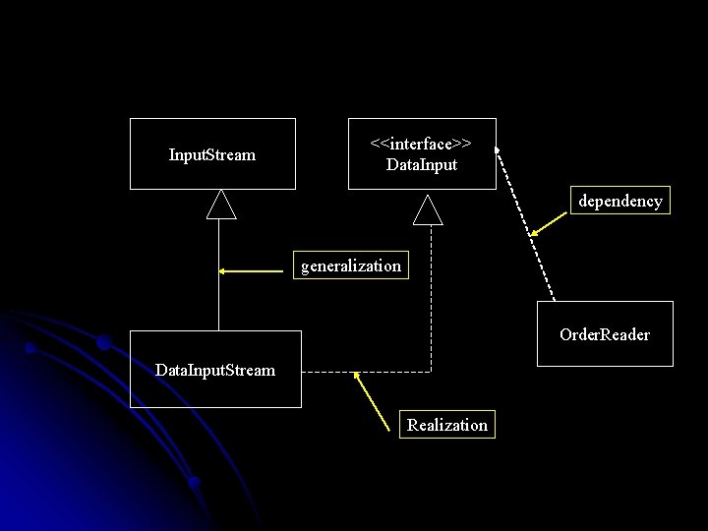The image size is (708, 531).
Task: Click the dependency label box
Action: point(620,201)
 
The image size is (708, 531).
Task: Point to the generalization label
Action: point(351,265)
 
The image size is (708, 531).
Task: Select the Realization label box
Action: point(447,425)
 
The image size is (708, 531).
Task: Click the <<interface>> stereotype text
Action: point(421,144)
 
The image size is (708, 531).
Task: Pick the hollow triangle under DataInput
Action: point(428,208)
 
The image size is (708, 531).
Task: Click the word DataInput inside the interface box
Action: point(422,164)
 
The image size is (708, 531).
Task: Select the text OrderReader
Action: point(605,334)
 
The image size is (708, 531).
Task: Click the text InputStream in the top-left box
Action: point(212,154)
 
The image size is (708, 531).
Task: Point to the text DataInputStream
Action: point(215,370)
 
